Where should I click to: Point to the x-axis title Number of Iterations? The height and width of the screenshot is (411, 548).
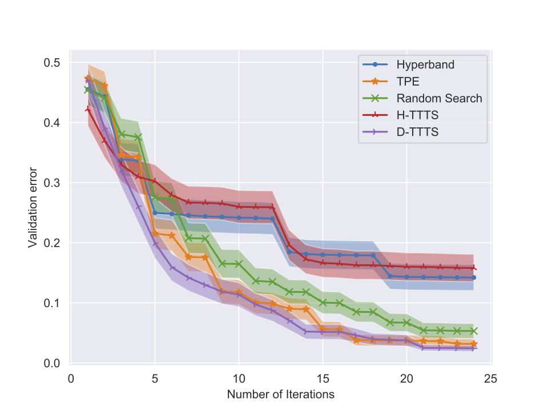click(280, 394)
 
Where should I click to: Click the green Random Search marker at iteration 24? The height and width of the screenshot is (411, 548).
click(474, 331)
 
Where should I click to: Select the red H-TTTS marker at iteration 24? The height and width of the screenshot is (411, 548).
click(474, 268)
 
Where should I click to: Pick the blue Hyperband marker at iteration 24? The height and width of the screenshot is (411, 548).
click(474, 277)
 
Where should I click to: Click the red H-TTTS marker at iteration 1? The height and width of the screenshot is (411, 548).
click(87, 109)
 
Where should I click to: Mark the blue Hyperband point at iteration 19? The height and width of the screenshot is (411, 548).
click(390, 276)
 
